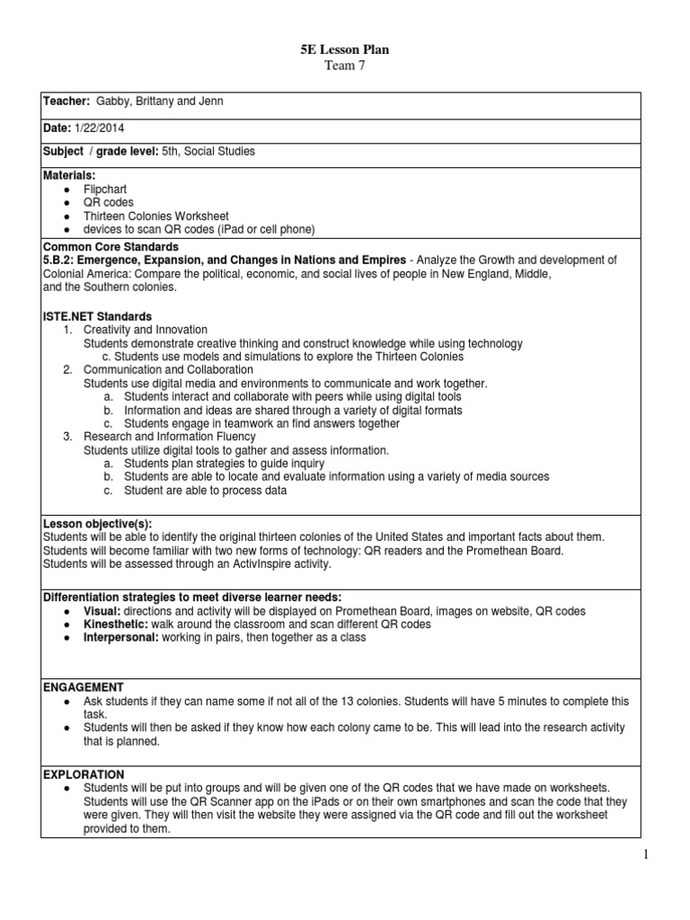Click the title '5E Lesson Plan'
tap(345, 50)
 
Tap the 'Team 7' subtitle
tap(345, 66)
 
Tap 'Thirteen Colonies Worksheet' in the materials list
tap(156, 217)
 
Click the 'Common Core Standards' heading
tap(111, 246)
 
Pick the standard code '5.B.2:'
tap(63, 260)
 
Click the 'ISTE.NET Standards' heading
tap(98, 316)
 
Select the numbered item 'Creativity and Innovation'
tap(146, 330)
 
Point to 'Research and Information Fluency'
tap(170, 437)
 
